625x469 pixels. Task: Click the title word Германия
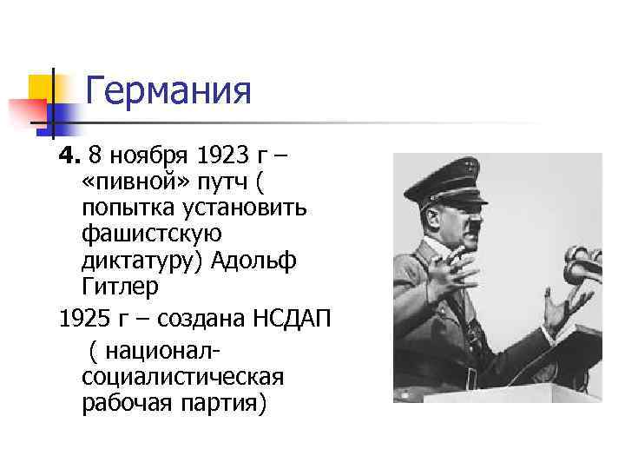coord(169,90)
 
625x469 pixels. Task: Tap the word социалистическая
coord(183,378)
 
